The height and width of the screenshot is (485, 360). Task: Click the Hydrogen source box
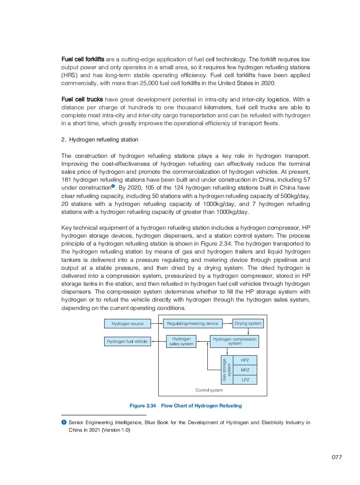pyautogui.click(x=127, y=324)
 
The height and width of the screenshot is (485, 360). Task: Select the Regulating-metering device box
pyautogui.click(x=192, y=324)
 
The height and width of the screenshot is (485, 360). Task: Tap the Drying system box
pyautogui.click(x=248, y=324)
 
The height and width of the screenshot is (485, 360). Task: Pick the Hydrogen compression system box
pyautogui.click(x=235, y=341)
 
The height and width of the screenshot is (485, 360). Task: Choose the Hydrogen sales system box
pyautogui.click(x=181, y=341)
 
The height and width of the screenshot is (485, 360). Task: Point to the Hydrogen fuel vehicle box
pyautogui.click(x=127, y=341)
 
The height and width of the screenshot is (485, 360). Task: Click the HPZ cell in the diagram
pyautogui.click(x=245, y=360)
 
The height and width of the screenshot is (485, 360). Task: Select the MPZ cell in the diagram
pyautogui.click(x=245, y=370)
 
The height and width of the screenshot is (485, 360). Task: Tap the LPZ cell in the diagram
pyautogui.click(x=245, y=380)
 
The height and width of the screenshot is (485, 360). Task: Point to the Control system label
pyautogui.click(x=209, y=390)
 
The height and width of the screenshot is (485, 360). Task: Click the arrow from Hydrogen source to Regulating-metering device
pyautogui.click(x=157, y=324)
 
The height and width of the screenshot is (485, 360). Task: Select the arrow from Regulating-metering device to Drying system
pyautogui.click(x=227, y=324)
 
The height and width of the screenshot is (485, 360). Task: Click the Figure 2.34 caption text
pyautogui.click(x=185, y=406)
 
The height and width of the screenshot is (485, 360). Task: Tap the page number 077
pyautogui.click(x=337, y=457)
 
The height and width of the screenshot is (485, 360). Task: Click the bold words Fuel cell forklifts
pyautogui.click(x=82, y=59)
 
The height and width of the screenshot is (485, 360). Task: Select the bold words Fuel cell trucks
pyautogui.click(x=82, y=99)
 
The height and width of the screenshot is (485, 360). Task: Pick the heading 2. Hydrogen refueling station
pyautogui.click(x=100, y=140)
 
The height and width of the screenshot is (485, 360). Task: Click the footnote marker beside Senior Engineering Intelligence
pyautogui.click(x=64, y=422)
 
